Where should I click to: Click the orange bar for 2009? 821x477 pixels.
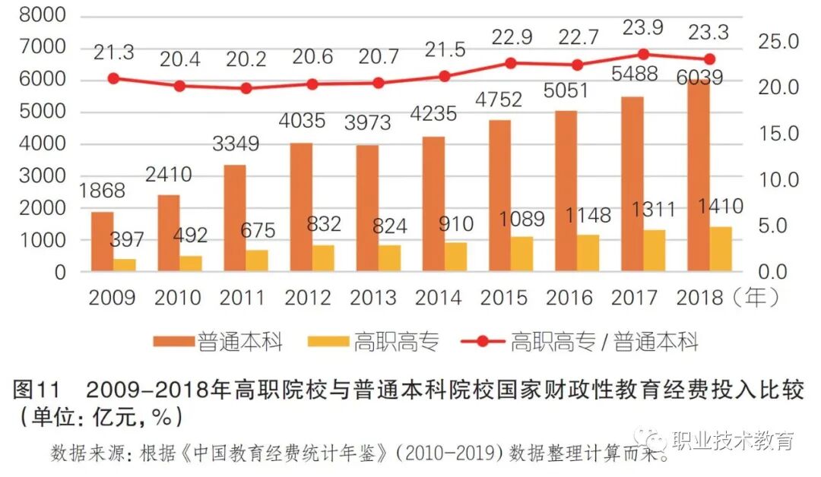point(103,242)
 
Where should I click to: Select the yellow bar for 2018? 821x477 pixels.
point(721,249)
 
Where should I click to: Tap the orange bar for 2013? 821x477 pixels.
point(368,208)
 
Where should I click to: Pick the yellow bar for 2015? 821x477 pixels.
point(521,254)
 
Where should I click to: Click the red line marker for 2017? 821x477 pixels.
point(644,54)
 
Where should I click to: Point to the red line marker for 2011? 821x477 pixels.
point(246,88)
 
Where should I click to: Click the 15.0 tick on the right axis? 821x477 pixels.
point(776,134)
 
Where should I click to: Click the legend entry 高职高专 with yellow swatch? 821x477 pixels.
point(372,342)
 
